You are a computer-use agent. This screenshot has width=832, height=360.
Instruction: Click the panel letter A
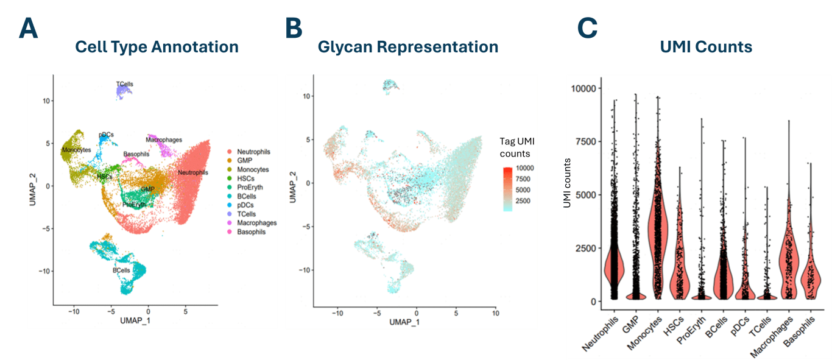[x=28, y=28]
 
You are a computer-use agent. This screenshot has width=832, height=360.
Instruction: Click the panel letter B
[x=294, y=28]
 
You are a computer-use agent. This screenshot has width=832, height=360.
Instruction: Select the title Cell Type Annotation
[x=157, y=47]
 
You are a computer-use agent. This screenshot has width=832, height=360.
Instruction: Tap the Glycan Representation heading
[x=408, y=47]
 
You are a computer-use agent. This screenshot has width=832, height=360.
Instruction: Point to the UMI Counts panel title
[x=706, y=47]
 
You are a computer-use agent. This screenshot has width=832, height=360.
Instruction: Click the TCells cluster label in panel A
[x=125, y=84]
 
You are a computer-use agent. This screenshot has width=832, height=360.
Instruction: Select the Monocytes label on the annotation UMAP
[x=76, y=150]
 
